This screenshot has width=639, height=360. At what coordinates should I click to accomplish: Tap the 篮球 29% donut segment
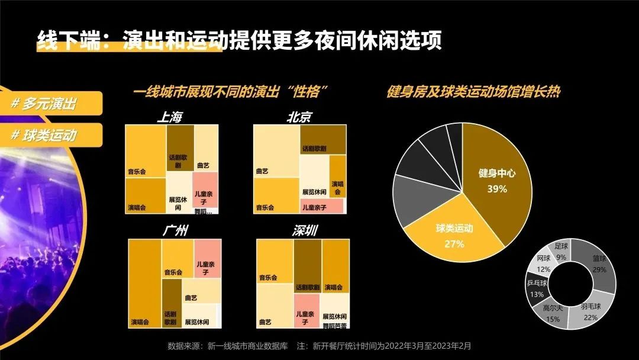[x=599, y=263]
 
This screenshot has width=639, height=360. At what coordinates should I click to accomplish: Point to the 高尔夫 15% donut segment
[x=553, y=313]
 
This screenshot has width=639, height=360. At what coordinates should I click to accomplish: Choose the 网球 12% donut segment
[x=544, y=263]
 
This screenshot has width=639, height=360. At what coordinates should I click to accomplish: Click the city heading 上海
[x=169, y=117]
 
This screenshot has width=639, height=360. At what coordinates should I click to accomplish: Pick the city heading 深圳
[x=304, y=231]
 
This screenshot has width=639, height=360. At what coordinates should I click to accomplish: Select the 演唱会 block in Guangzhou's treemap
[x=144, y=283]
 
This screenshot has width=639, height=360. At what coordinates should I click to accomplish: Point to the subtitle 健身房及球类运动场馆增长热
[x=473, y=92]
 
